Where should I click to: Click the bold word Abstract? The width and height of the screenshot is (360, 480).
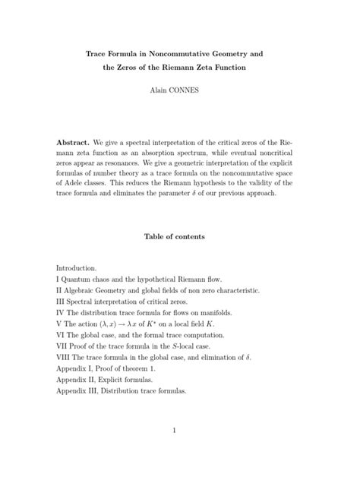(74, 142)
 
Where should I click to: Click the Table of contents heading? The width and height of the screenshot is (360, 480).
(179, 236)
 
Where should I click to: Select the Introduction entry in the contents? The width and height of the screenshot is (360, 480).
(77, 268)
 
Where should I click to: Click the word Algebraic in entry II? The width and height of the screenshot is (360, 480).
(85, 290)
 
